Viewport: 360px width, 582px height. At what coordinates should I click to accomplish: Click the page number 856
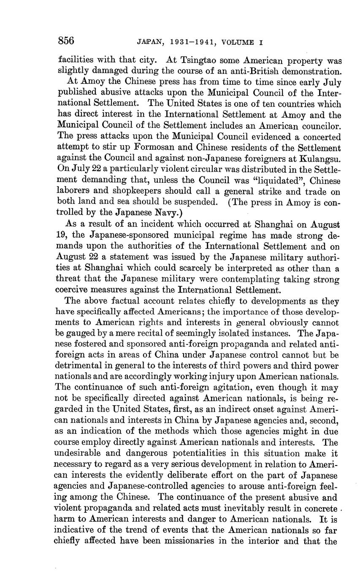pos(66,41)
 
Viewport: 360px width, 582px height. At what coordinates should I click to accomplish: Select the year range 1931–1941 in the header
pos(194,42)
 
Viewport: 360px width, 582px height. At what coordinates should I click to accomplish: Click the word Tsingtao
pos(199,60)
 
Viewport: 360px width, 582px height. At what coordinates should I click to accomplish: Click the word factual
pos(116,301)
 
